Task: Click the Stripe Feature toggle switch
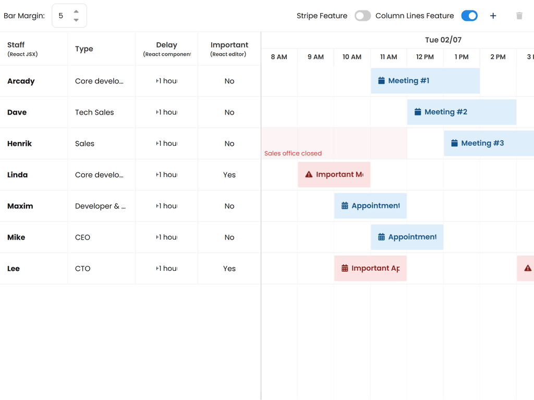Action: coord(362,16)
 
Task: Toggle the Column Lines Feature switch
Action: coord(469,16)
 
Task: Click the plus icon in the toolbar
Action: coord(493,16)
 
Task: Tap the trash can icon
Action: coord(519,16)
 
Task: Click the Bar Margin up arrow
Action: coord(76,11)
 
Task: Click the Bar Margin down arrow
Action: coord(76,20)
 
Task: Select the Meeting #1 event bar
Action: coord(425,81)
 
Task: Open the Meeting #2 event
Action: coord(462,112)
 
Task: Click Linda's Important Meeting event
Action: coord(334,174)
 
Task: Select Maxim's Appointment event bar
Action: coord(370,206)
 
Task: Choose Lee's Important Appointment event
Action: coord(370,268)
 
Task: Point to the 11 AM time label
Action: coord(389,57)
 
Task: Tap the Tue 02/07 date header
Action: coord(443,40)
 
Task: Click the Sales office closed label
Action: coord(293,153)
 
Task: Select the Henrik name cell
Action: coord(20,143)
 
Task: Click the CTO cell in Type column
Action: coord(83,268)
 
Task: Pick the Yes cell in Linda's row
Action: coord(229,174)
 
